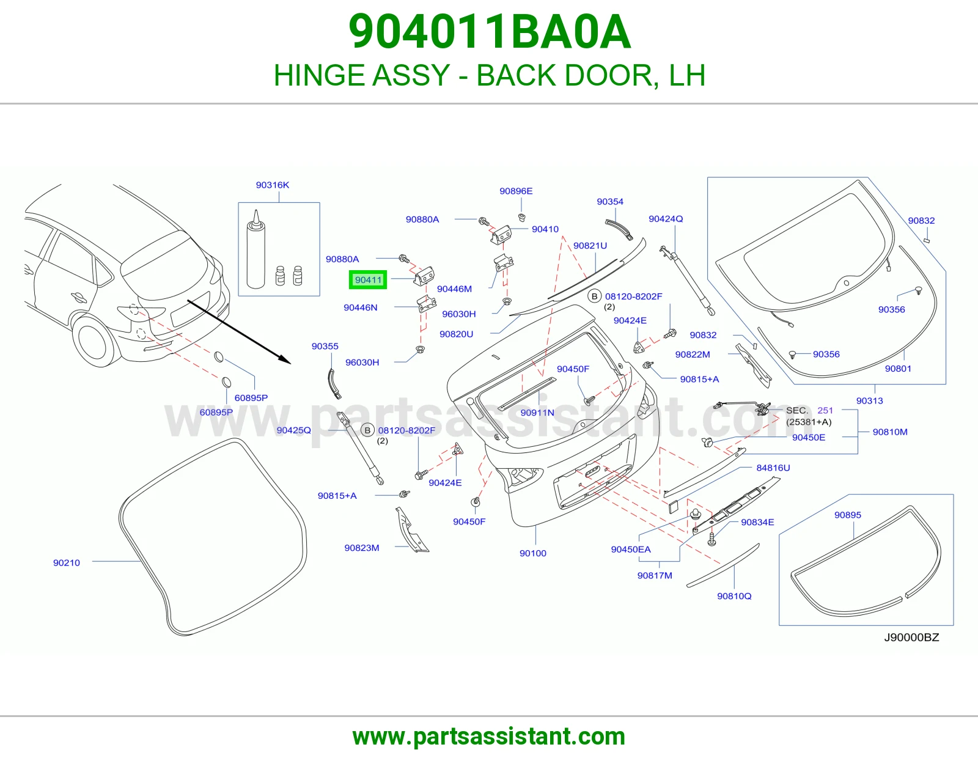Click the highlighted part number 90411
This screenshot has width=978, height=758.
point(368,280)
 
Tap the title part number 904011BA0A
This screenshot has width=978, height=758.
point(489,32)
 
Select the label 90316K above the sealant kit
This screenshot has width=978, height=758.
point(272,185)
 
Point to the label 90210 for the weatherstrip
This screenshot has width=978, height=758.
point(66,562)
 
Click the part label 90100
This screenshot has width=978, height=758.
point(533,553)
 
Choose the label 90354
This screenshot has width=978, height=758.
point(610,202)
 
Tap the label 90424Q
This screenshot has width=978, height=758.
point(666,219)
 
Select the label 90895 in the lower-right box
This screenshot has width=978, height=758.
point(847,515)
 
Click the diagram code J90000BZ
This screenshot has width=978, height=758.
point(911,638)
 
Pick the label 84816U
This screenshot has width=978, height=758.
point(773,468)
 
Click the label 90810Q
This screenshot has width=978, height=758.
point(734,596)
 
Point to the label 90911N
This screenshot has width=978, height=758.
point(537,413)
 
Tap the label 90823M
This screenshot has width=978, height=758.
point(362,548)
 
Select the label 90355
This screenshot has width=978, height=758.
point(325,346)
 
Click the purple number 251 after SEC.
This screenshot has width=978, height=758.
point(825,411)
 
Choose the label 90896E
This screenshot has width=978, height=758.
point(516,191)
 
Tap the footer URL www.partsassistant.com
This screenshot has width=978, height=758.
point(489,737)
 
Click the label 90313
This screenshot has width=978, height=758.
point(870,400)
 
